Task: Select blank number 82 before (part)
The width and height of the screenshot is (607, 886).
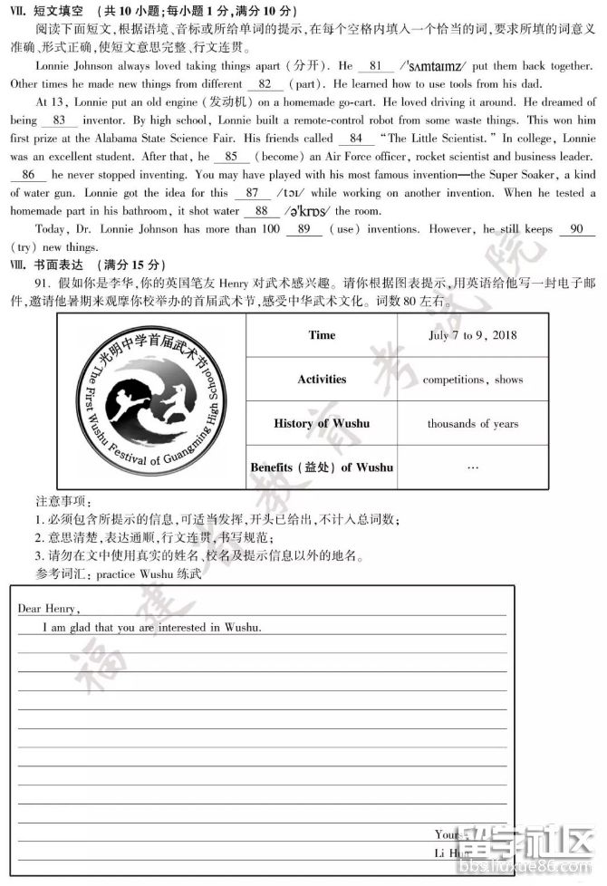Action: click(265, 84)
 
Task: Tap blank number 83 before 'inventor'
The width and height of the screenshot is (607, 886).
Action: click(60, 120)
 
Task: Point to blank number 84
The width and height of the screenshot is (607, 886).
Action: click(355, 139)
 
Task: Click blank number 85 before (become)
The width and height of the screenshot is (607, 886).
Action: click(230, 157)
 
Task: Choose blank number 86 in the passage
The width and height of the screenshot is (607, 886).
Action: click(28, 175)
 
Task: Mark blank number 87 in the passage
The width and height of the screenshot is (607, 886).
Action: click(252, 193)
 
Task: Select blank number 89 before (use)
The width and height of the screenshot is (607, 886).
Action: click(303, 229)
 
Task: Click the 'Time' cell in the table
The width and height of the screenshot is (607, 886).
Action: click(322, 335)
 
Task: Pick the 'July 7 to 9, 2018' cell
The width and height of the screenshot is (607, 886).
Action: click(472, 335)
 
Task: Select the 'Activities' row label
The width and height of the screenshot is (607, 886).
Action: click(322, 380)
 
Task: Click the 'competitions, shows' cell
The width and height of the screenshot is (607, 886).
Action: click(472, 380)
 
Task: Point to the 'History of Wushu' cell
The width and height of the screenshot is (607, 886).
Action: click(322, 423)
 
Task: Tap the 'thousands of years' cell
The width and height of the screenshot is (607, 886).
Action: click(472, 423)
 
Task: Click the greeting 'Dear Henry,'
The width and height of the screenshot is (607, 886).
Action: click(48, 608)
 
